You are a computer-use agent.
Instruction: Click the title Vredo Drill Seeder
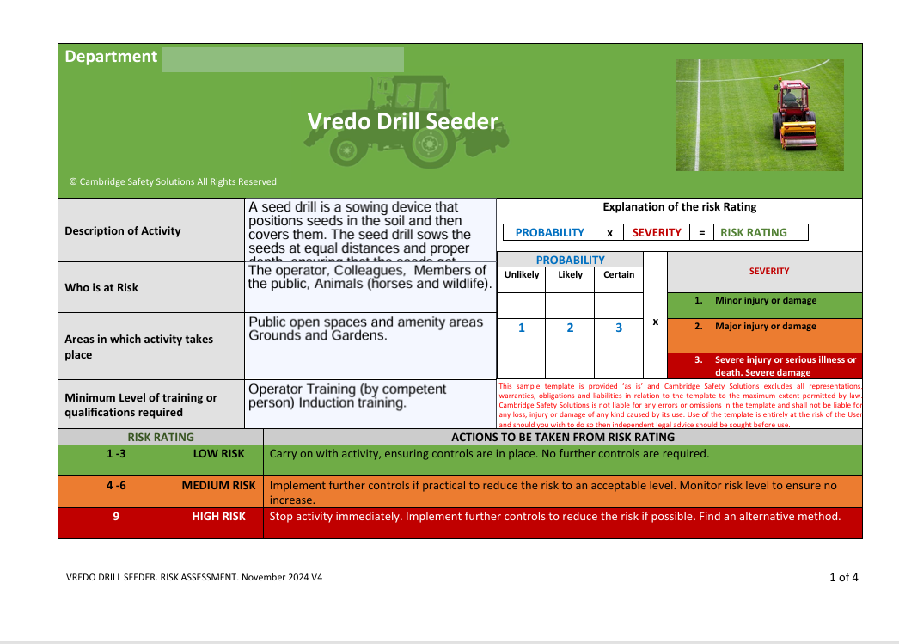(x=402, y=121)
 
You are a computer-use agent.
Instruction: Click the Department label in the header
(x=111, y=57)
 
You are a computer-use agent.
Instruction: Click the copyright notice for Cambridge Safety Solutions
(x=173, y=181)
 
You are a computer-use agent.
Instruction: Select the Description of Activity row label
(x=123, y=230)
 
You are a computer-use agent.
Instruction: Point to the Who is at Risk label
(x=101, y=287)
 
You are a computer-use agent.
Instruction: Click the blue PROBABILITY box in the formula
(x=549, y=232)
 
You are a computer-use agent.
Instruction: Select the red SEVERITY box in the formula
(x=657, y=232)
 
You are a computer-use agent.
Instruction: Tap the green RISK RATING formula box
(x=754, y=232)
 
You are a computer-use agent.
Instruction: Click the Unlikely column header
(x=522, y=275)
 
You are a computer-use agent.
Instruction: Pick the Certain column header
(x=619, y=275)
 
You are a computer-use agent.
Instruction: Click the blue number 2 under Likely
(x=570, y=328)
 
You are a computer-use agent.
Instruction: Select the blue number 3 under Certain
(x=619, y=328)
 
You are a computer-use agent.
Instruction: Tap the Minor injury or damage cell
(x=765, y=301)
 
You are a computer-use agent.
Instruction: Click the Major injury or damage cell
(x=765, y=327)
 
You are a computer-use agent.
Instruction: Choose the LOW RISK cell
(x=218, y=453)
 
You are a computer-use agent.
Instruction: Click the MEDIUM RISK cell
(x=218, y=485)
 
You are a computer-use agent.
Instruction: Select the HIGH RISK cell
(x=218, y=517)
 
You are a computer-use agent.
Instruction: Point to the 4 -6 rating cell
(x=116, y=485)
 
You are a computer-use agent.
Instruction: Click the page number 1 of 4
(x=843, y=577)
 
